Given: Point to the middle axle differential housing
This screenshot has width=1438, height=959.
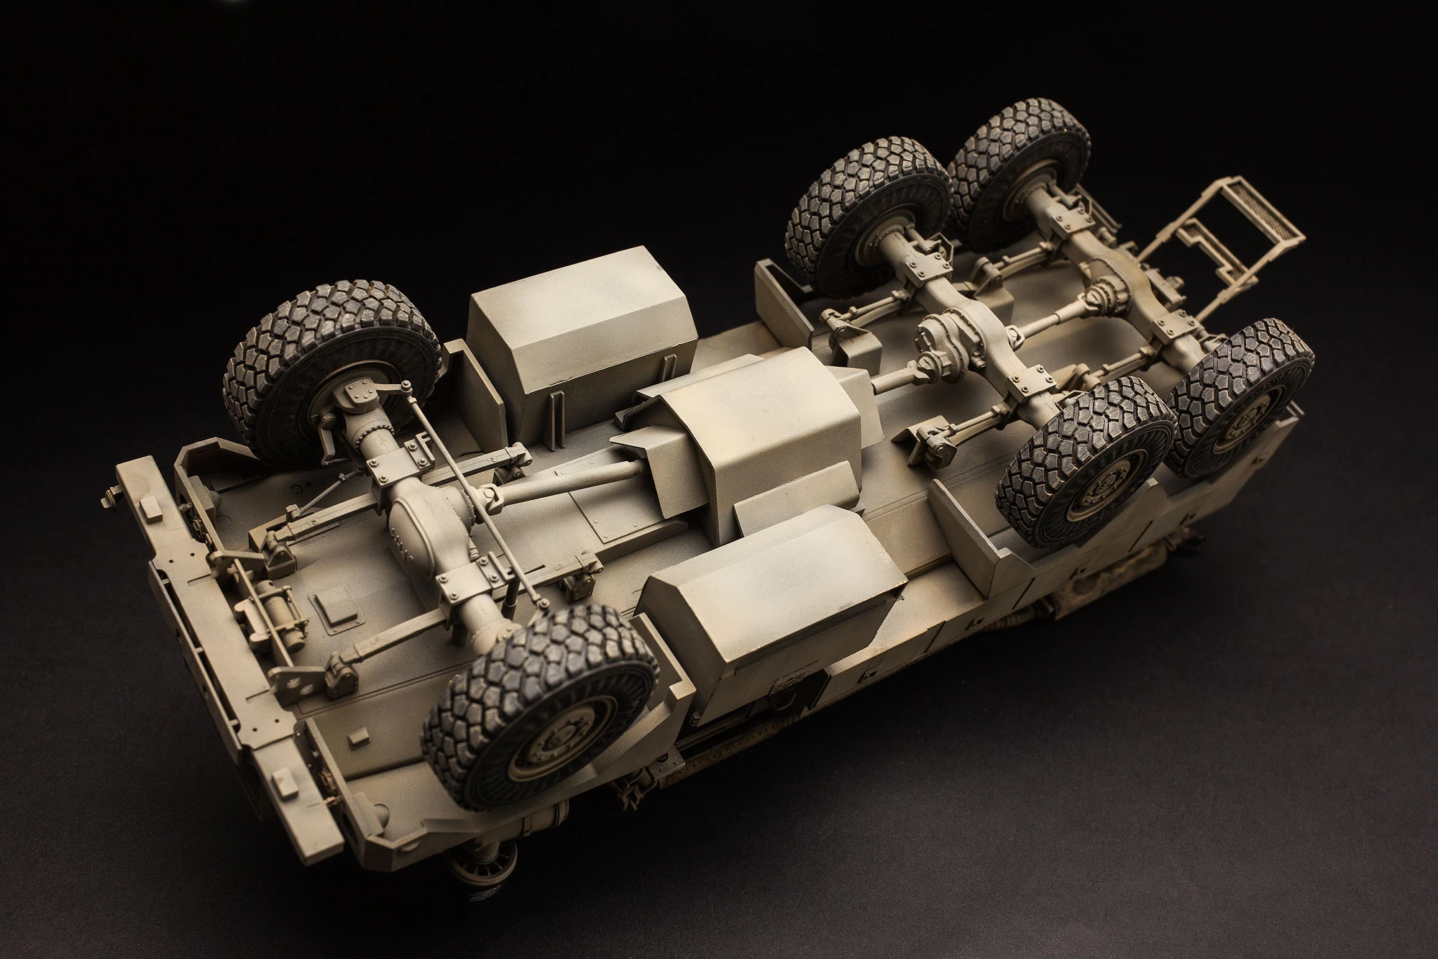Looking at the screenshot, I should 942,338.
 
